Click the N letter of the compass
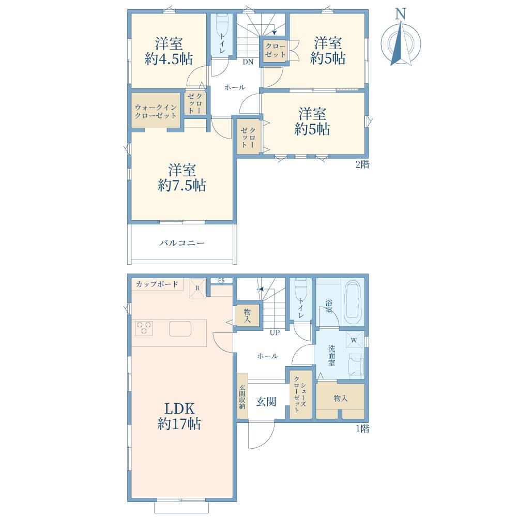[x=401, y=14]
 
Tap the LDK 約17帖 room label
[x=179, y=416]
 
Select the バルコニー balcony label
[x=182, y=244]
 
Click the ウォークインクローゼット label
[x=156, y=112]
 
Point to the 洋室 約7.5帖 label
[x=182, y=178]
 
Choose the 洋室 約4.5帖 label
[x=169, y=51]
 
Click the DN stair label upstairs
[x=248, y=62]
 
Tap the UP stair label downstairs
[x=275, y=332]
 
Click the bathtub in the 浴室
[x=353, y=303]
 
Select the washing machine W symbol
[x=354, y=340]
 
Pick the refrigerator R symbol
[x=197, y=288]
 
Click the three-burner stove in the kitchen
[x=144, y=328]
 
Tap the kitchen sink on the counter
[x=180, y=328]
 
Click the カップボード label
[x=157, y=284]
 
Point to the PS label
[x=221, y=281]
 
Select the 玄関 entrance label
[x=266, y=402]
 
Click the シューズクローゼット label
[x=300, y=394]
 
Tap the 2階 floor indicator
[x=362, y=164]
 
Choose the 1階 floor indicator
[x=362, y=429]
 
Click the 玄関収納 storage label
[x=242, y=397]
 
